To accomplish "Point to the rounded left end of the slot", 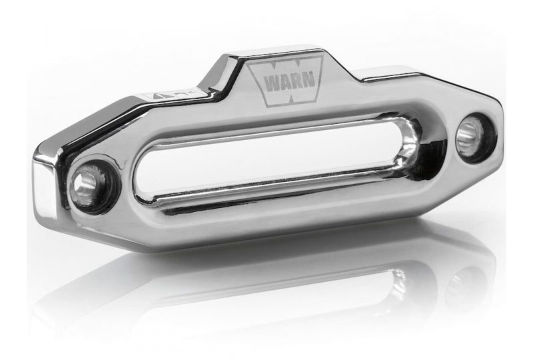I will pyautogui.click(x=148, y=182).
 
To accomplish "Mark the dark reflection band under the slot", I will pyautogui.click(x=280, y=193).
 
